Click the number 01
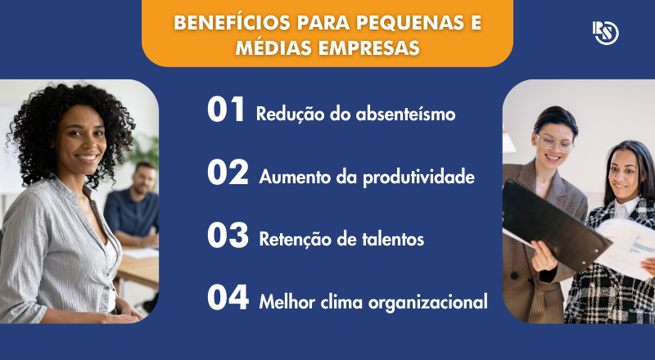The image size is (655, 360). tap(226, 111)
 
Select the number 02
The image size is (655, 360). tap(228, 173)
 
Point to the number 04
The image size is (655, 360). tap(228, 299)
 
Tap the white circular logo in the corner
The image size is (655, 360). tap(606, 33)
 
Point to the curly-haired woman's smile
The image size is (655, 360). tap(86, 157)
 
